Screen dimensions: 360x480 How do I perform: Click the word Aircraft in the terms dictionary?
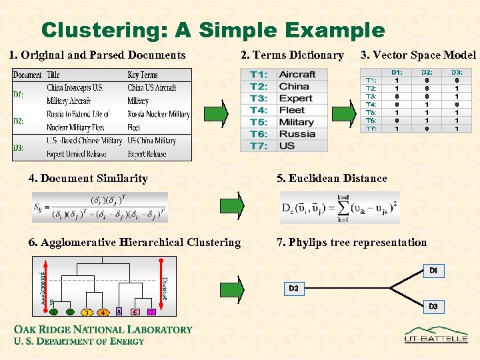[x=297, y=74]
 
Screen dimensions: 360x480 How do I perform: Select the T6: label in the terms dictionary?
[x=259, y=134]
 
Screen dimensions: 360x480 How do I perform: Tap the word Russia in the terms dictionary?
[x=297, y=134]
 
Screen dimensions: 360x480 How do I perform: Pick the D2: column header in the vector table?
[x=427, y=72]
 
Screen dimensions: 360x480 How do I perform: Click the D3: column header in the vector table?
[x=457, y=72]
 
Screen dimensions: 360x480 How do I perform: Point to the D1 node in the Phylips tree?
[x=433, y=271]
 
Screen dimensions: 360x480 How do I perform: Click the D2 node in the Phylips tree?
[x=293, y=288]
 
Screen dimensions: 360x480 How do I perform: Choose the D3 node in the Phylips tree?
[x=433, y=306]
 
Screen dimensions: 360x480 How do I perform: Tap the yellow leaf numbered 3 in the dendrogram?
[x=87, y=312]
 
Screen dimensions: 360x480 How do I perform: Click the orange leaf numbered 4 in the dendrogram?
[x=103, y=312]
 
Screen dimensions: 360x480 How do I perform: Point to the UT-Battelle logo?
[x=436, y=335]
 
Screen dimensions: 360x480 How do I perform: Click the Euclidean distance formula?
[x=340, y=207]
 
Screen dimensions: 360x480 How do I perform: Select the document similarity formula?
[x=100, y=207]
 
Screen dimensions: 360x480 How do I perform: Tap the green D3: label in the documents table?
[x=19, y=147]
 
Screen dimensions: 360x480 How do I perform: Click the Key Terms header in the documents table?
[x=143, y=75]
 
